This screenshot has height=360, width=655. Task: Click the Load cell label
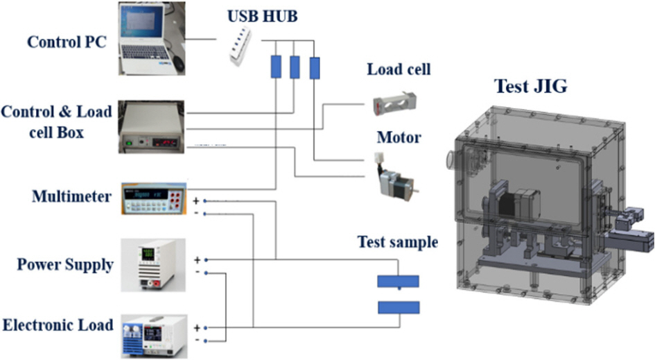click(399, 69)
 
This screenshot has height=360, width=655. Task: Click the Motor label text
click(399, 137)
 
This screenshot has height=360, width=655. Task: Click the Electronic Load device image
click(155, 332)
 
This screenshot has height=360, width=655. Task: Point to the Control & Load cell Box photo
click(152, 126)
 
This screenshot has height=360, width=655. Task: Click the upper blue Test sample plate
click(398, 282)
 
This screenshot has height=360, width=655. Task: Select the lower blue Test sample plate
click(398, 307)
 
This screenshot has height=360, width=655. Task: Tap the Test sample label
click(397, 243)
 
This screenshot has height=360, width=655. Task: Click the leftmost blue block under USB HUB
click(275, 67)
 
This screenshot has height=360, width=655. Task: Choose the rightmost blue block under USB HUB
click(315, 67)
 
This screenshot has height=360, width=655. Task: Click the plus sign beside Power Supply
click(198, 259)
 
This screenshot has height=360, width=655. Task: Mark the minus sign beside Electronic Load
click(198, 340)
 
